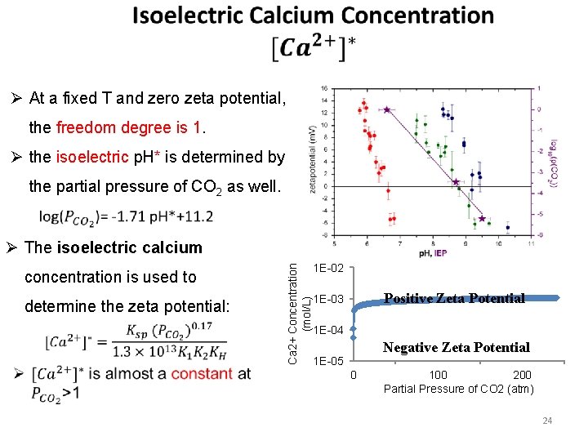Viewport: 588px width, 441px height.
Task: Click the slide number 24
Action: click(x=548, y=421)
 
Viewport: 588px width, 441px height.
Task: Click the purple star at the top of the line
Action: click(x=386, y=109)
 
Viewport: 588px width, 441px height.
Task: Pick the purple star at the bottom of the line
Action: click(x=482, y=219)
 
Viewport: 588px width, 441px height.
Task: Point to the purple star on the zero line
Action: click(x=456, y=182)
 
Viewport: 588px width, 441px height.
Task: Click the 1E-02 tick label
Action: click(x=328, y=267)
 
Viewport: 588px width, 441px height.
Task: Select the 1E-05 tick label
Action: click(x=328, y=360)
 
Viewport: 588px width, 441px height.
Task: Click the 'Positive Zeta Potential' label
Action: click(x=454, y=298)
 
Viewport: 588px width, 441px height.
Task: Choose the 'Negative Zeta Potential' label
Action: click(x=457, y=347)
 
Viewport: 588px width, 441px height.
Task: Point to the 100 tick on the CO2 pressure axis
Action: click(x=438, y=375)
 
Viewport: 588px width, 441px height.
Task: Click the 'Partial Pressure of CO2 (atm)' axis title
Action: click(x=459, y=389)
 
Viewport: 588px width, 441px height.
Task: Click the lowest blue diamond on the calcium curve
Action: click(x=353, y=337)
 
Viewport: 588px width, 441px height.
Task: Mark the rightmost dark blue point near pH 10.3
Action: click(x=507, y=227)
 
